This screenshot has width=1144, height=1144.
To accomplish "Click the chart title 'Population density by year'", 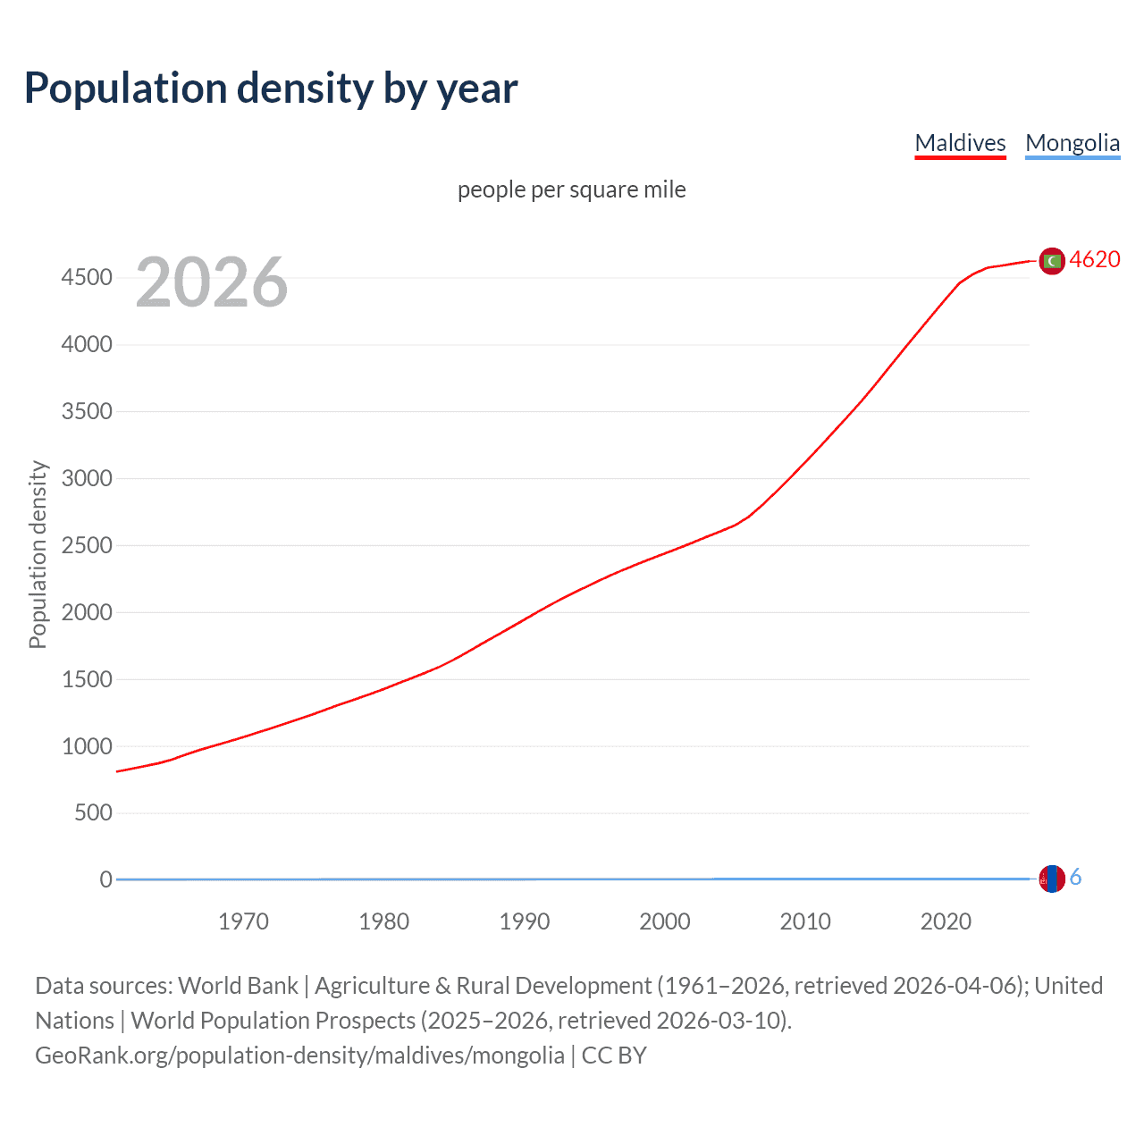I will pos(271,88).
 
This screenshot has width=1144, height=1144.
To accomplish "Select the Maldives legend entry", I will pos(960,143).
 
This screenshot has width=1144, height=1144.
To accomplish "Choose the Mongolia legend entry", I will pos(1072,143).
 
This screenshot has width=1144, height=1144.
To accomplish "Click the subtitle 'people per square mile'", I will pos(571,189).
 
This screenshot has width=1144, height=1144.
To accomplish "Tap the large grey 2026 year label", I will pos(212,282).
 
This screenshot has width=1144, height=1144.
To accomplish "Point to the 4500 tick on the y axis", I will pos(87,278).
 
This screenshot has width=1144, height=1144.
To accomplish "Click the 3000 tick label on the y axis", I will pos(87,478).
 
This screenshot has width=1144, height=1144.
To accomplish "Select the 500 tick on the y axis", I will pos(93,812).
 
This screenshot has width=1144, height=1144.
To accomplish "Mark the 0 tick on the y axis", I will pos(106,879).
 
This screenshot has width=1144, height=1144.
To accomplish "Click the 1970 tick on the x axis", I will pos(243,921).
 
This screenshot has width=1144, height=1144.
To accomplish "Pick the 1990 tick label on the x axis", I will pos(525,921).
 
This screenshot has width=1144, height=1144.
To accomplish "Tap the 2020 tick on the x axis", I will pos(946,921).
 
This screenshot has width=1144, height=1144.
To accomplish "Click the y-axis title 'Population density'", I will pos(38,554).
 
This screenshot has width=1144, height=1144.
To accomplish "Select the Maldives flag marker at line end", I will pos(1052,260).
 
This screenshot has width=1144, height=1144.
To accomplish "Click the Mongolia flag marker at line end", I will pos(1052,879).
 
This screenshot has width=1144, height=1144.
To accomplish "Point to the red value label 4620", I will pos(1095,259).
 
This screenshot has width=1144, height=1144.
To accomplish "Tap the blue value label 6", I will pos(1075,878).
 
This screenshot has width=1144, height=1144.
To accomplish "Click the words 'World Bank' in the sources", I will pos(238,986).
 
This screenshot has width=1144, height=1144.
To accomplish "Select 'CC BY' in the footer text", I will pos(614,1056).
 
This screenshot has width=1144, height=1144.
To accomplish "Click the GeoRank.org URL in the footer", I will pos(299,1056).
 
